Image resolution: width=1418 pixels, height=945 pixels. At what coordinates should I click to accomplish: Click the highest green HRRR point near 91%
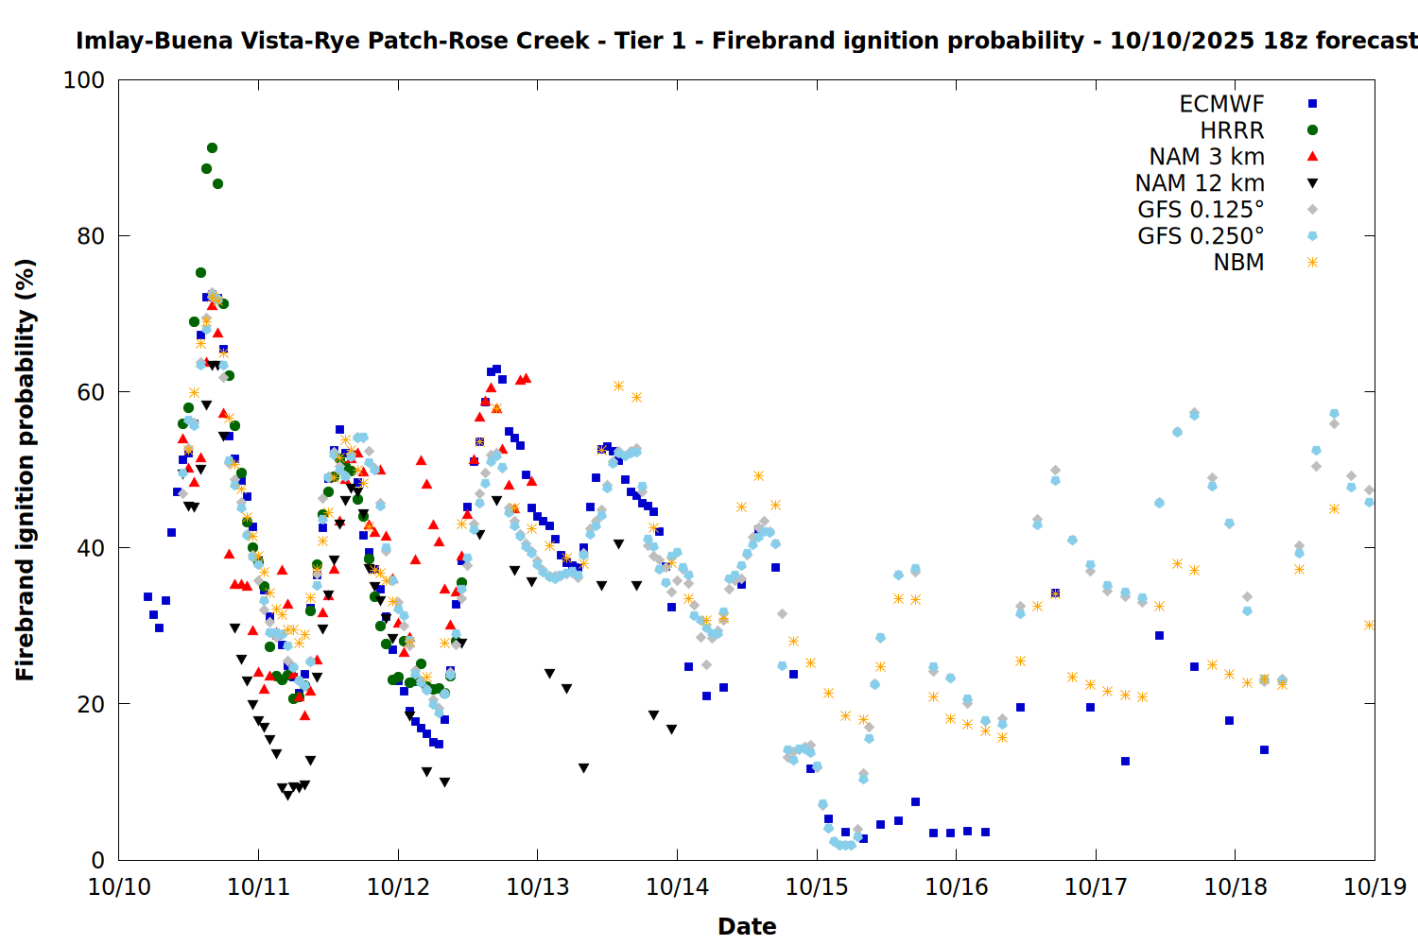pos(212,148)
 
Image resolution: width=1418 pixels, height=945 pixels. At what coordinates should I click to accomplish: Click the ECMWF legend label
pos(1221,104)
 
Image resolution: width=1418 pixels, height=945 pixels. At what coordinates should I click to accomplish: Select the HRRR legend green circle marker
pos(1312,130)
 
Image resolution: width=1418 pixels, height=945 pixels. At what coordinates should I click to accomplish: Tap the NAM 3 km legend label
pos(1206,157)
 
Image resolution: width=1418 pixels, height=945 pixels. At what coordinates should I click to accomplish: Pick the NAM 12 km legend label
pos(1200,183)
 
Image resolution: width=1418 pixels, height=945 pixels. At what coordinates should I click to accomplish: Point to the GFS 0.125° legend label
pos(1201,210)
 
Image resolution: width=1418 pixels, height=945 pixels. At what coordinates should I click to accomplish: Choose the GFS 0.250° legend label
pos(1201,236)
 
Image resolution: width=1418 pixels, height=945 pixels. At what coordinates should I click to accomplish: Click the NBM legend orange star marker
pos(1312,263)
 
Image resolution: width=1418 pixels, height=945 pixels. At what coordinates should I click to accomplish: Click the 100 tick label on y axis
pos(84,80)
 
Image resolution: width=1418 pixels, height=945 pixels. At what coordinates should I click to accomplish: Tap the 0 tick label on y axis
pos(97,860)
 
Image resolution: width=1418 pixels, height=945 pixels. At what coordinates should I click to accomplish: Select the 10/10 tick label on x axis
pos(119,886)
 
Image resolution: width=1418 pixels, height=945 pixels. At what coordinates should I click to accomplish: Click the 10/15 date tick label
pos(817,886)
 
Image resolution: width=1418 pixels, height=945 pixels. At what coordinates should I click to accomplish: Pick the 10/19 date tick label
pos(1375,886)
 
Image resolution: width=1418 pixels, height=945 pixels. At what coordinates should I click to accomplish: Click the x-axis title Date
pos(747,926)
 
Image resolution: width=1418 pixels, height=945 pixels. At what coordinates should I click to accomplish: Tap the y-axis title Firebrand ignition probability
pos(26,470)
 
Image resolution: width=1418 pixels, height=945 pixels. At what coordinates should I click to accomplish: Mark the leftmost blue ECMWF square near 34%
pos(147,597)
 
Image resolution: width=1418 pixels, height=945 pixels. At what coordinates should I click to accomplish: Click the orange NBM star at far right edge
pos(1369,626)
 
